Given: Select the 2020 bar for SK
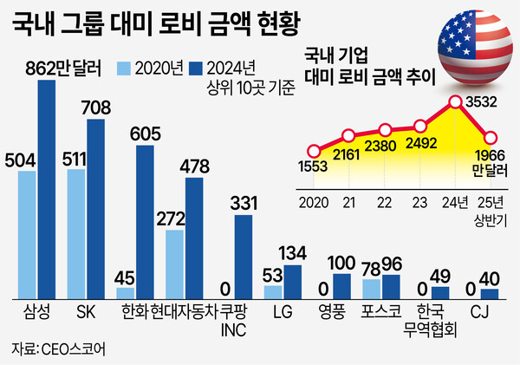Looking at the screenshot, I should [76, 234].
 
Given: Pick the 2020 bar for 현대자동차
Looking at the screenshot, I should [174, 264].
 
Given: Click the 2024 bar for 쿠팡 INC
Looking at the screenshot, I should [244, 257].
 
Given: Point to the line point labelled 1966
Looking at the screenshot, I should [491, 138].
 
